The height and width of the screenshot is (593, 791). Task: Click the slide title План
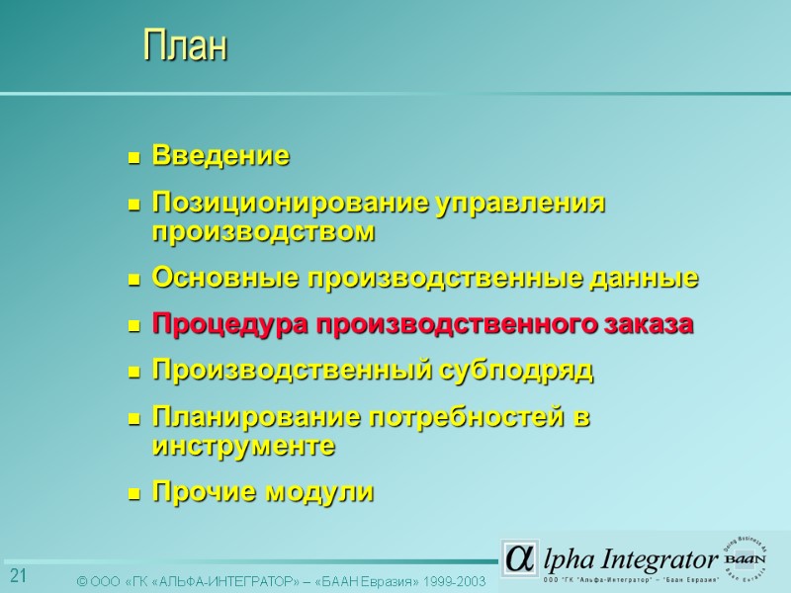click(185, 45)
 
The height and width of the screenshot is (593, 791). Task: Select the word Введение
click(220, 156)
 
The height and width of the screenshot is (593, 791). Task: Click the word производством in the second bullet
click(263, 232)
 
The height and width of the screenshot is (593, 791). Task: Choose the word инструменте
click(243, 447)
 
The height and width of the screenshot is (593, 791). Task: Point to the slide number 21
click(18, 576)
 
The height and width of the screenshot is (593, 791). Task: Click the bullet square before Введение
click(134, 158)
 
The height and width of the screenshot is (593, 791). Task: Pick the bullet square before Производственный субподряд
click(134, 374)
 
